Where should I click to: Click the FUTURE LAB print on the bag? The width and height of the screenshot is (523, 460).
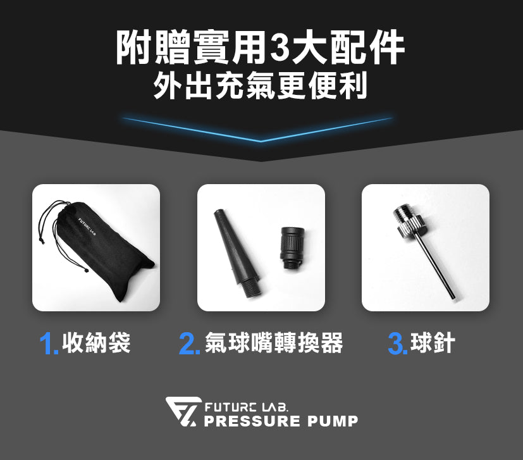(87, 226)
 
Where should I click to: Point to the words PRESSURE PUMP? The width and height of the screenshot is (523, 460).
(281, 421)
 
